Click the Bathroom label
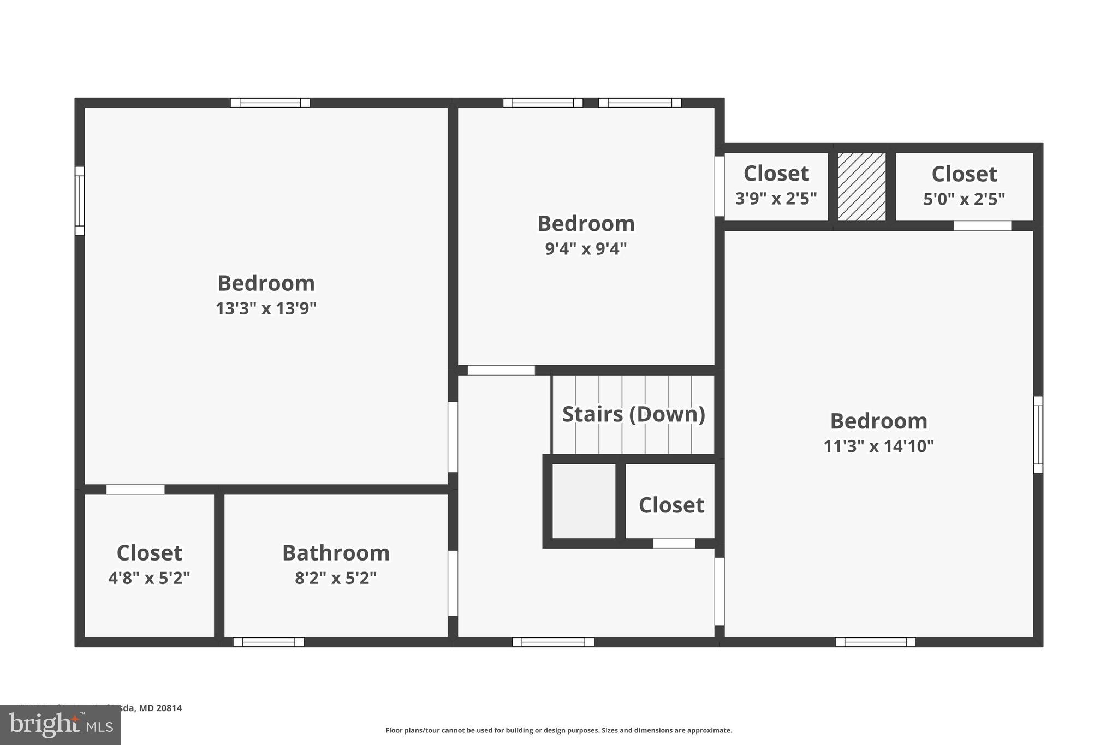(x=336, y=553)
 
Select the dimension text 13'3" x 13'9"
(x=266, y=309)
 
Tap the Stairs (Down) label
(x=633, y=414)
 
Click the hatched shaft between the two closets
(x=861, y=187)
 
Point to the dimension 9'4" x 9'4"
(x=586, y=249)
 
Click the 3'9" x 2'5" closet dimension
(x=776, y=199)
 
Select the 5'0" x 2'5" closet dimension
(x=964, y=199)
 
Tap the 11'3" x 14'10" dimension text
(x=878, y=446)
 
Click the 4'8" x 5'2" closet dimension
(x=149, y=578)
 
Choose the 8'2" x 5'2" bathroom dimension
(x=336, y=578)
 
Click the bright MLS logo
(x=60, y=725)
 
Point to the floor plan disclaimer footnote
(x=558, y=730)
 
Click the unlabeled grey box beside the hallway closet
(x=584, y=501)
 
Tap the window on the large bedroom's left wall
(x=80, y=201)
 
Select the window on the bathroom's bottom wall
(x=269, y=642)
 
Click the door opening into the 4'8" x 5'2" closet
(x=135, y=490)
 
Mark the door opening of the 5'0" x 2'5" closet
(x=982, y=226)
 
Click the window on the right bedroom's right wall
(x=1038, y=434)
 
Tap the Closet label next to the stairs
(x=671, y=505)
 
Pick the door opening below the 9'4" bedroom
(x=501, y=370)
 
